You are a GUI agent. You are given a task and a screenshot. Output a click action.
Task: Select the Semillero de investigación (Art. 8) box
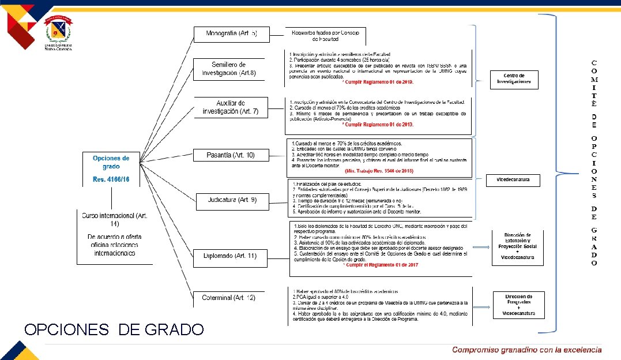tap(228, 69)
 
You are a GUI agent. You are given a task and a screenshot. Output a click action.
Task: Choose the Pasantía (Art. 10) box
tap(231, 155)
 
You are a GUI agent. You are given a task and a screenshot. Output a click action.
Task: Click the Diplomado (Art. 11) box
tap(229, 256)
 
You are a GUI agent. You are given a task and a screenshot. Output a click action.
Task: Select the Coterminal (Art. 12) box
tap(228, 298)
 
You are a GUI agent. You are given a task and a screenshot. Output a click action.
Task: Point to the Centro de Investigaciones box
tap(514, 79)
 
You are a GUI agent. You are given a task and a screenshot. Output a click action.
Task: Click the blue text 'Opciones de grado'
tap(111, 162)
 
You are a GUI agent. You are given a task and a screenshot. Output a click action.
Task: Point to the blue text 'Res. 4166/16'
tap(111, 180)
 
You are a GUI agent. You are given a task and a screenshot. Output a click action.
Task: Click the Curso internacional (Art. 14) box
tap(115, 237)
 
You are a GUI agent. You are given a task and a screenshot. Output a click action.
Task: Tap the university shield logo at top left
tap(58, 28)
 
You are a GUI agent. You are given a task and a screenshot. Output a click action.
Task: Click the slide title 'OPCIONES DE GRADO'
tap(114, 329)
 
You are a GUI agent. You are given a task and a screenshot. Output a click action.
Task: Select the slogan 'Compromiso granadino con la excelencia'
tap(526, 350)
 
